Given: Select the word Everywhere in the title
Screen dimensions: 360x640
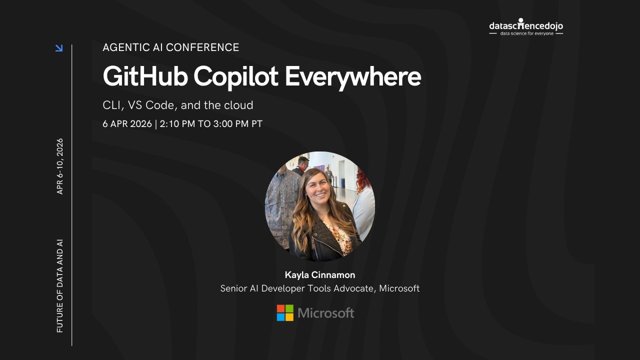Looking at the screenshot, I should pyautogui.click(x=353, y=77).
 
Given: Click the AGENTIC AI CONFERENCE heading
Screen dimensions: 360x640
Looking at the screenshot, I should pyautogui.click(x=171, y=47).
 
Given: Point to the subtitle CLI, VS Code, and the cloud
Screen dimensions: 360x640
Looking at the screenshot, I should pyautogui.click(x=178, y=105).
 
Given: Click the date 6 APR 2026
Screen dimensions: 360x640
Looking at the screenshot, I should pyautogui.click(x=127, y=124).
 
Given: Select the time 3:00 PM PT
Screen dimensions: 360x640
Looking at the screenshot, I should pyautogui.click(x=237, y=124).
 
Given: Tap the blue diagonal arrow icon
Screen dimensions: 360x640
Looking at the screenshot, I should pyautogui.click(x=59, y=48).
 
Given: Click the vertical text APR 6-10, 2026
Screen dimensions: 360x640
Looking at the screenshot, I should pyautogui.click(x=60, y=166).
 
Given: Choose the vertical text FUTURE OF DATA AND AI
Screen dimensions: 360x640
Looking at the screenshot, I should pyautogui.click(x=60, y=286).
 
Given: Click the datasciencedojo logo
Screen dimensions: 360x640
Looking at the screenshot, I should pyautogui.click(x=526, y=25).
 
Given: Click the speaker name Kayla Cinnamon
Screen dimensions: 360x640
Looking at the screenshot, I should pyautogui.click(x=320, y=275).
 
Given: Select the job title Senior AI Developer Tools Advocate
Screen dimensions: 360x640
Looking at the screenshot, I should pyautogui.click(x=297, y=288).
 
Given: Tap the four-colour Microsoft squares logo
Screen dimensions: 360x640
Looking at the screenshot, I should pyautogui.click(x=285, y=313).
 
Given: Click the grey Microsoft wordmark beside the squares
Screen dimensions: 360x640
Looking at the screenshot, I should pyautogui.click(x=326, y=313).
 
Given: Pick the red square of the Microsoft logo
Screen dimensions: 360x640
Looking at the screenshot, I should pyautogui.click(x=281, y=308).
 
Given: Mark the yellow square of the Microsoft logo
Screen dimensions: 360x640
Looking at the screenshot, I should pyautogui.click(x=289, y=317).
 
